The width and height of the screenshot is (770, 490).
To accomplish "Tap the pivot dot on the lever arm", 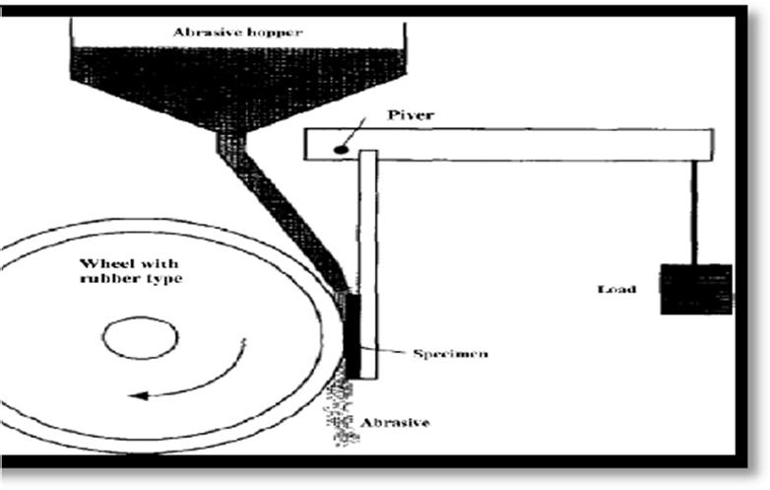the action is (x=340, y=150).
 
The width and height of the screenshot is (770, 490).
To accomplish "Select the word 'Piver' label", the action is (x=410, y=114).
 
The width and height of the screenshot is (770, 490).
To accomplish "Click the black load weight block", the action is (x=695, y=289).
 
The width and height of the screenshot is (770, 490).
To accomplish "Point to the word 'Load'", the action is (x=618, y=290).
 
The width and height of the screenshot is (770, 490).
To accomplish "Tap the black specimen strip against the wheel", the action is (x=352, y=330).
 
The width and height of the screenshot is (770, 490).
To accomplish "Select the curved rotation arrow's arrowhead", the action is (x=139, y=395).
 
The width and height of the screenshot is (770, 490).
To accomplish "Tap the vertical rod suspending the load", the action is (x=696, y=211).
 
